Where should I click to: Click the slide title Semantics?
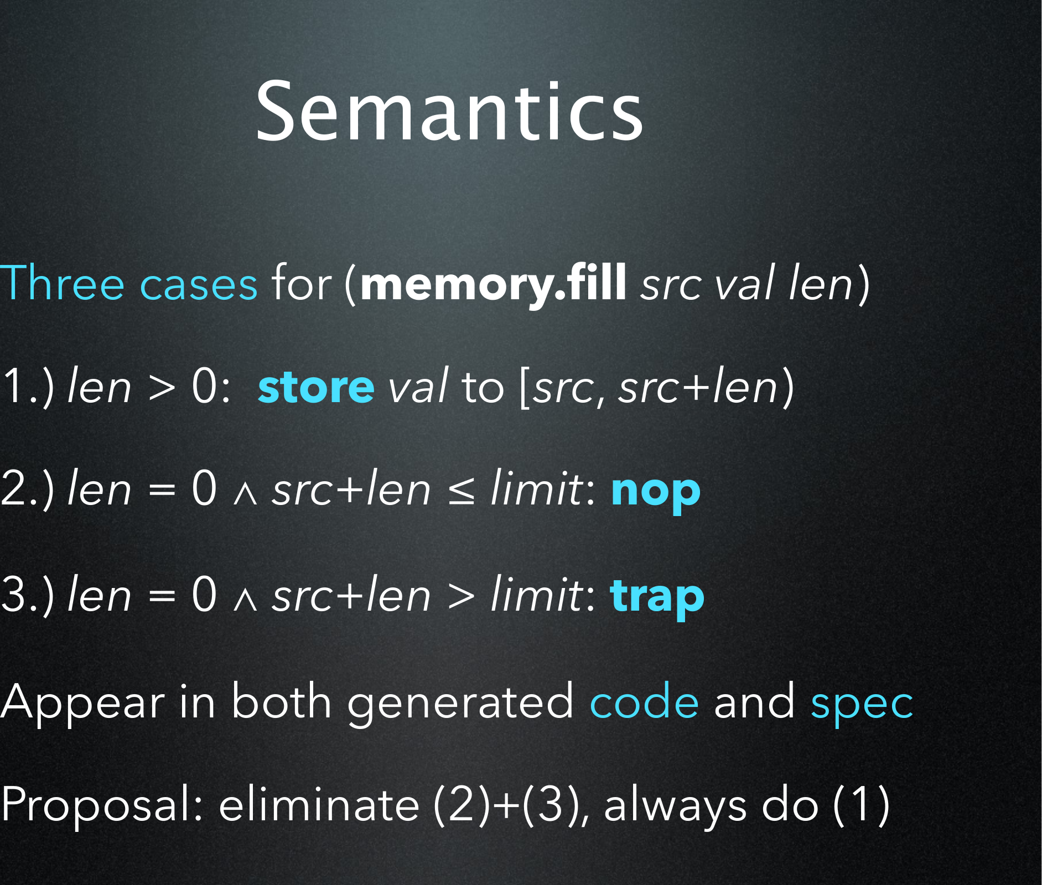(x=449, y=111)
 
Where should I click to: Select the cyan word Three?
(x=63, y=283)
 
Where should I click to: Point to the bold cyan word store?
(x=316, y=387)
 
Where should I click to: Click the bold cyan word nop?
(x=656, y=492)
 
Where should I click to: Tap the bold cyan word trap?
(x=657, y=597)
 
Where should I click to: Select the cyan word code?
(x=645, y=701)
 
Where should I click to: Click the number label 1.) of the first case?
(x=28, y=387)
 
